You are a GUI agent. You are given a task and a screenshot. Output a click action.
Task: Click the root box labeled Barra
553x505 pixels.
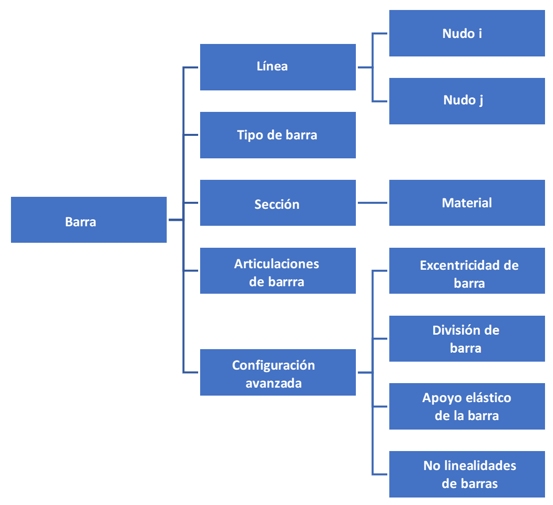89,220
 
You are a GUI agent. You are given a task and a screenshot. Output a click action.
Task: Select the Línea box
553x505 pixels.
277,67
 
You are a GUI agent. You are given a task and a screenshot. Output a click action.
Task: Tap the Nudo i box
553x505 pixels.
467,33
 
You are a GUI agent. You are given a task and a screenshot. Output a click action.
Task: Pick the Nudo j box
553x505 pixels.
467,100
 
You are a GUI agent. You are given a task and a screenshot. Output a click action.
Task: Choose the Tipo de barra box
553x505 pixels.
277,135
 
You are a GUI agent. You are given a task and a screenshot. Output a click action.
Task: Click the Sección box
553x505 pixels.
277,203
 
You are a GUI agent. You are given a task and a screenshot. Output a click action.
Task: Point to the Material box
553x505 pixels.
467,203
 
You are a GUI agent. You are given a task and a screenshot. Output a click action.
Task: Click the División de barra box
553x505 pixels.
467,338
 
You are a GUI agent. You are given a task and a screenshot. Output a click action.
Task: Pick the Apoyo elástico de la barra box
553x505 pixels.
467,406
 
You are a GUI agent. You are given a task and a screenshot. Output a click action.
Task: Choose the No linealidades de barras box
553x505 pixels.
467,474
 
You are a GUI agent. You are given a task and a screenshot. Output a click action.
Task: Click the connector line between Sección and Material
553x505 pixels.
372,203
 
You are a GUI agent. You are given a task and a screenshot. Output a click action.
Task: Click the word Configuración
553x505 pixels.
274,365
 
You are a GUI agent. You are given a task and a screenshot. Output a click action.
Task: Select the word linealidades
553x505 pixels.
479,466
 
